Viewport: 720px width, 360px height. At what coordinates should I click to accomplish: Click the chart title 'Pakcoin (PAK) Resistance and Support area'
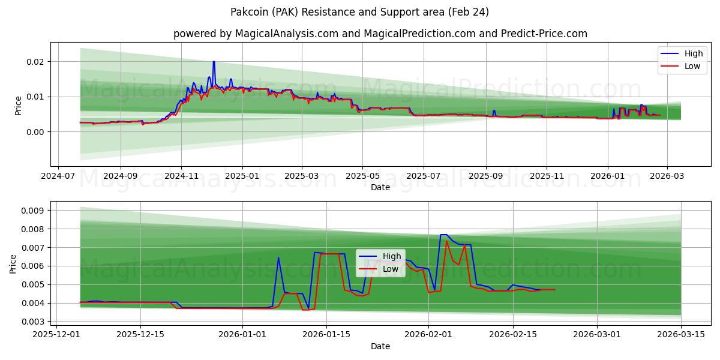pos(359,12)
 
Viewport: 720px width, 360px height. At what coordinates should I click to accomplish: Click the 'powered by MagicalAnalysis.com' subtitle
pos(380,34)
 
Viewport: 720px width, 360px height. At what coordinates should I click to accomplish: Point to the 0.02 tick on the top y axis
pos(35,62)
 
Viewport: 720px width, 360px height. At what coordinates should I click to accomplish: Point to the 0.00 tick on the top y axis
pos(35,131)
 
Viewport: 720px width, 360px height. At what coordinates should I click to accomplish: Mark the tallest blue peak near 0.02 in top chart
pos(214,62)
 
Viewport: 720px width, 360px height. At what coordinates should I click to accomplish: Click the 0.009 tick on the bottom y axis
pos(33,211)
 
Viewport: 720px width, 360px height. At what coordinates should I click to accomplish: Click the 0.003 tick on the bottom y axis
pos(33,322)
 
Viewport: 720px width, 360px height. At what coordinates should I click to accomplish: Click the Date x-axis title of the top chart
pos(380,188)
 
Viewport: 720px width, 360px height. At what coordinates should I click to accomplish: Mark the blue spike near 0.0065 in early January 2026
pos(278,258)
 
